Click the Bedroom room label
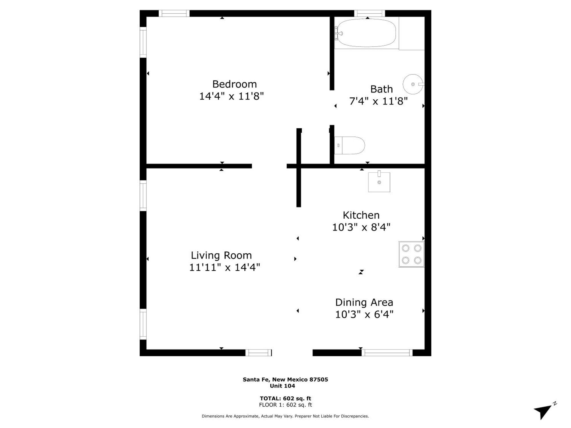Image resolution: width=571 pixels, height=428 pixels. click(x=234, y=84)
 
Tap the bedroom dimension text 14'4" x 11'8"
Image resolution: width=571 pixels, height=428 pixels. click(x=231, y=96)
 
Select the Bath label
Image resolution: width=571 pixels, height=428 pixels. click(x=381, y=89)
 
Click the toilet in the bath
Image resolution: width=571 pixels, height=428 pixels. click(x=349, y=145)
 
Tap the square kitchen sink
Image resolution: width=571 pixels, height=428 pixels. click(x=379, y=181)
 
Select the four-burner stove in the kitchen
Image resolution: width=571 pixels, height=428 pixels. click(x=411, y=254)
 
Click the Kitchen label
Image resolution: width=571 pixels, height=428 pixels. click(x=361, y=215)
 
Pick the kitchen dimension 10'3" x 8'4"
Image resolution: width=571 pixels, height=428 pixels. click(x=361, y=227)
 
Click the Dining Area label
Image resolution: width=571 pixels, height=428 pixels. click(x=364, y=302)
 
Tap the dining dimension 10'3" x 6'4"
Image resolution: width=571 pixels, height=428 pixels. click(x=364, y=314)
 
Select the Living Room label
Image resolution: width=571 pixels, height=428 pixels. click(x=221, y=255)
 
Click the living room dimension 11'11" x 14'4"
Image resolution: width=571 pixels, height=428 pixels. click(x=224, y=267)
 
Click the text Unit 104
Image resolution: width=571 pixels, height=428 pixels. click(x=282, y=386)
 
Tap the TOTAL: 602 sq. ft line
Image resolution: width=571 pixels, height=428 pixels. click(x=285, y=398)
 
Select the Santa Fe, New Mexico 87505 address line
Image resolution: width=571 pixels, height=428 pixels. click(x=285, y=379)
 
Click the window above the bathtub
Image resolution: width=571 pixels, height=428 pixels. click(x=369, y=13)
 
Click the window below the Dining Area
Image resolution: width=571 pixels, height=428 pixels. click(x=387, y=353)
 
